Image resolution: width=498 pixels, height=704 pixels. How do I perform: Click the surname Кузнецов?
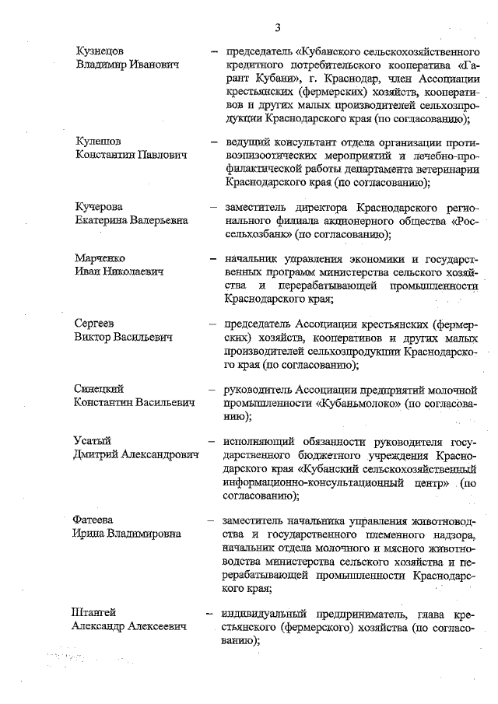coord(100,51)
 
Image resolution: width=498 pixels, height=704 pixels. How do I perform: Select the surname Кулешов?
coord(98,141)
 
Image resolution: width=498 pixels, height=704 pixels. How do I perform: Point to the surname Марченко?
coord(100,257)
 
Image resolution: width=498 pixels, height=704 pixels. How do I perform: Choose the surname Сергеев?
coord(96,323)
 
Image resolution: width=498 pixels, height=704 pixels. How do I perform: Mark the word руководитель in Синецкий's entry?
coord(258,388)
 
